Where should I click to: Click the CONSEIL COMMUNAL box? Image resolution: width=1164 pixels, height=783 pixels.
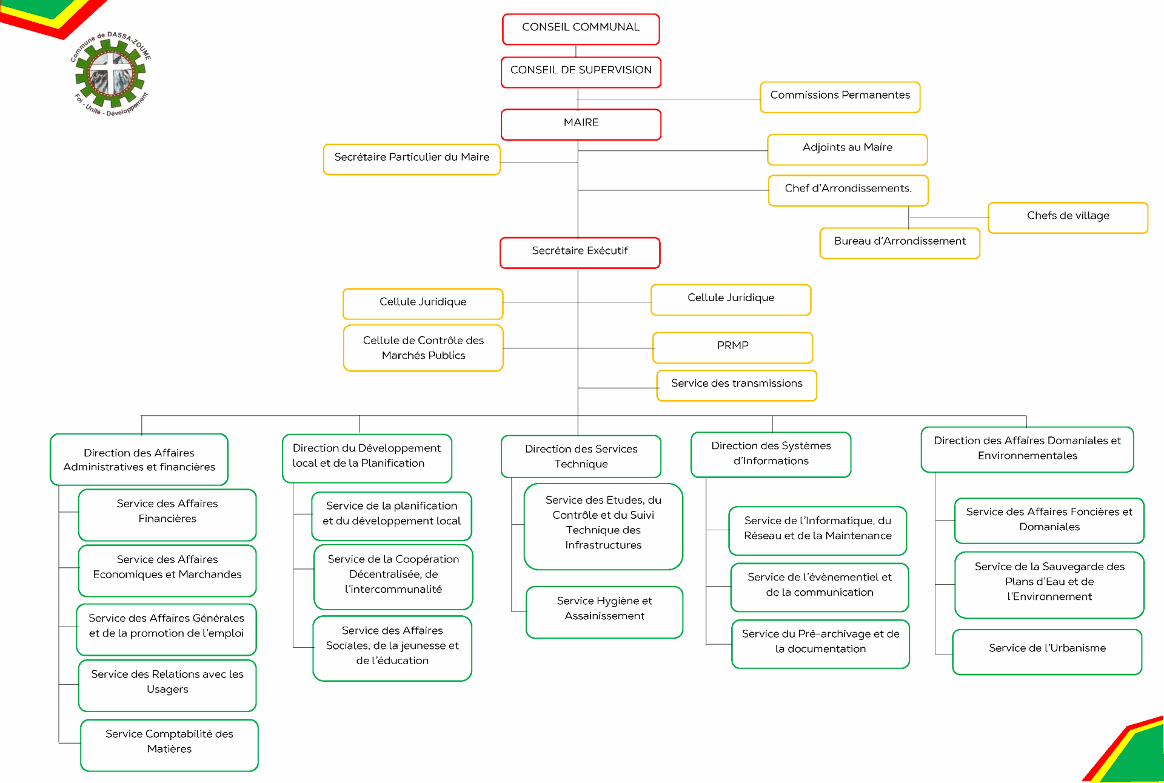pyautogui.click(x=581, y=29)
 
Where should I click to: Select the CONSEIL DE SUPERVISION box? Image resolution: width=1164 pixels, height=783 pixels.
pyautogui.click(x=581, y=72)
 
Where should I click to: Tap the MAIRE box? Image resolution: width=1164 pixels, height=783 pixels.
pyautogui.click(x=581, y=124)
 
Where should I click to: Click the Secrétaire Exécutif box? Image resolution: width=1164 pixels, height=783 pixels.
pyautogui.click(x=580, y=253)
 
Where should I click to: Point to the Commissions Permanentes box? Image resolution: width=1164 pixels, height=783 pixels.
pyautogui.click(x=840, y=97)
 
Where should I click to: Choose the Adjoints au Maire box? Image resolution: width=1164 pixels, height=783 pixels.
pyautogui.click(x=847, y=150)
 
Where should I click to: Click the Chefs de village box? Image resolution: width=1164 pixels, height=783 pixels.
pyautogui.click(x=1068, y=218)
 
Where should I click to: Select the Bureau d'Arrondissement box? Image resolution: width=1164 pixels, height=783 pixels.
pyautogui.click(x=900, y=243)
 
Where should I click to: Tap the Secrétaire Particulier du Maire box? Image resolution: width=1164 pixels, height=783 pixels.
pyautogui.click(x=412, y=159)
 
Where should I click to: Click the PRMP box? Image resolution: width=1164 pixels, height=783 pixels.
pyautogui.click(x=732, y=348)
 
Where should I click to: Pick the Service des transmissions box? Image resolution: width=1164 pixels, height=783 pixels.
pyautogui.click(x=737, y=385)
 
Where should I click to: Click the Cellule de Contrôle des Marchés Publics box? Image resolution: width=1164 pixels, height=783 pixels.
pyautogui.click(x=423, y=348)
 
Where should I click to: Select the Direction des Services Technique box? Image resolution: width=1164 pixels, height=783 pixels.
pyautogui.click(x=581, y=456)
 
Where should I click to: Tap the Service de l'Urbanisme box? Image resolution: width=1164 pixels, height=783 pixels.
pyautogui.click(x=1047, y=652)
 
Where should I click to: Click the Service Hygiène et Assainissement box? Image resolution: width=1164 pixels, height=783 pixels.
pyautogui.click(x=604, y=612)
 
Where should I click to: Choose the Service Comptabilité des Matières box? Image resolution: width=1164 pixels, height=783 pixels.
pyautogui.click(x=169, y=745)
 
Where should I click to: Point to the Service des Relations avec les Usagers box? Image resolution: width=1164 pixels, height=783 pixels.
pyautogui.click(x=167, y=685)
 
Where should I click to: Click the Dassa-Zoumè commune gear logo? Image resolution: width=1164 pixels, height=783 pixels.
pyautogui.click(x=111, y=74)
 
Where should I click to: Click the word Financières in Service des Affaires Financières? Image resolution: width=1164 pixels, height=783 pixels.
pyautogui.click(x=167, y=519)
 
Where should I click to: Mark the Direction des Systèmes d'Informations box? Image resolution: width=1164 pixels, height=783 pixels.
pyautogui.click(x=771, y=455)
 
